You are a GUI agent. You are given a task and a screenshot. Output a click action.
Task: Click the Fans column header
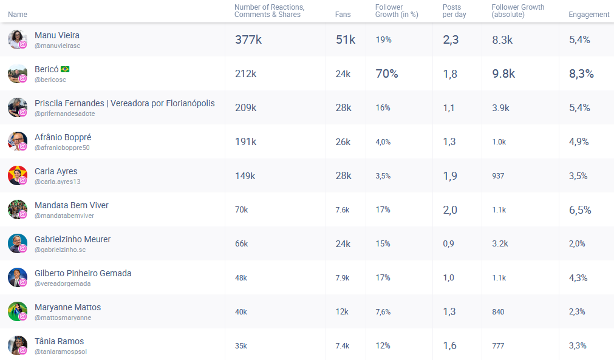click(x=343, y=15)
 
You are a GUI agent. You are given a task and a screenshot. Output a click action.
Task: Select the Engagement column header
click(x=588, y=15)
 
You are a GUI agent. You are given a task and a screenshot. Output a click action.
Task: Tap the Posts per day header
click(x=454, y=11)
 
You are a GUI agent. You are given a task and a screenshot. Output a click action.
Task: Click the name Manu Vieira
click(x=57, y=35)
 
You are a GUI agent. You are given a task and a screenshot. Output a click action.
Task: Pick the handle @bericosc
click(x=50, y=80)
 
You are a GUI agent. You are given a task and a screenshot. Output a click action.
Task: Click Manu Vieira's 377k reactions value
click(x=248, y=40)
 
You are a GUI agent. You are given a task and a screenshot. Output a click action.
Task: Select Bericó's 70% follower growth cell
click(x=387, y=74)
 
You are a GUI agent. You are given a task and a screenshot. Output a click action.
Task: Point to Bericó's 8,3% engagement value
click(x=581, y=74)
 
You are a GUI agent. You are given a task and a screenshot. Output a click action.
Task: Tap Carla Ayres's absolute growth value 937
click(x=498, y=176)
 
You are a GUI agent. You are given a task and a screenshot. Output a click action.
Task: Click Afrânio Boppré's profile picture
click(x=17, y=141)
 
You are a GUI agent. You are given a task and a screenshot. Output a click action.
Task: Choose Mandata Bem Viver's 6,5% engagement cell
click(x=580, y=210)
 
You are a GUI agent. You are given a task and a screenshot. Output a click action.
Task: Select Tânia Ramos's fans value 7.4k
click(x=343, y=346)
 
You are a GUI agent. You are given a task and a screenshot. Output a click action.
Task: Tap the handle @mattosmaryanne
click(x=63, y=318)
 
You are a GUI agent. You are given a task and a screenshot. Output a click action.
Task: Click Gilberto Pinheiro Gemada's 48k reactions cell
click(x=241, y=278)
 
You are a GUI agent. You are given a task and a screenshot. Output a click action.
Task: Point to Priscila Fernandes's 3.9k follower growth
click(x=502, y=108)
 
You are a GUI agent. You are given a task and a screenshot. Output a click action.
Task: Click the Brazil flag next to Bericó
click(x=65, y=69)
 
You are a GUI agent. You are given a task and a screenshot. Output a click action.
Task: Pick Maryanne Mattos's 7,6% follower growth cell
click(x=383, y=312)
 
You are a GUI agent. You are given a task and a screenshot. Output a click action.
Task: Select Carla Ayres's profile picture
click(x=17, y=175)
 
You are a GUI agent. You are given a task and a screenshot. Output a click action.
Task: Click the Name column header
click(x=18, y=15)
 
